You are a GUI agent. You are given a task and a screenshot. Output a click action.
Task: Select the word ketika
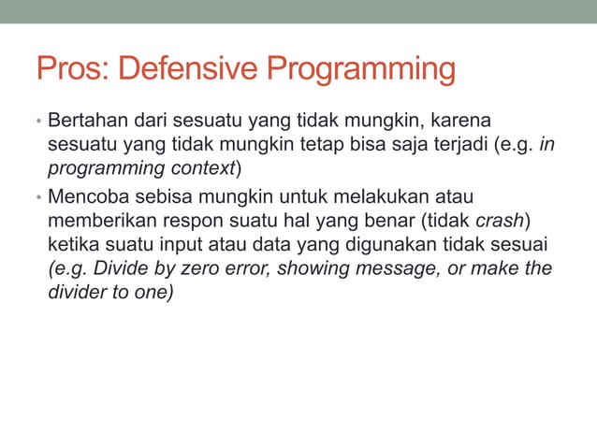pos(72,245)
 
